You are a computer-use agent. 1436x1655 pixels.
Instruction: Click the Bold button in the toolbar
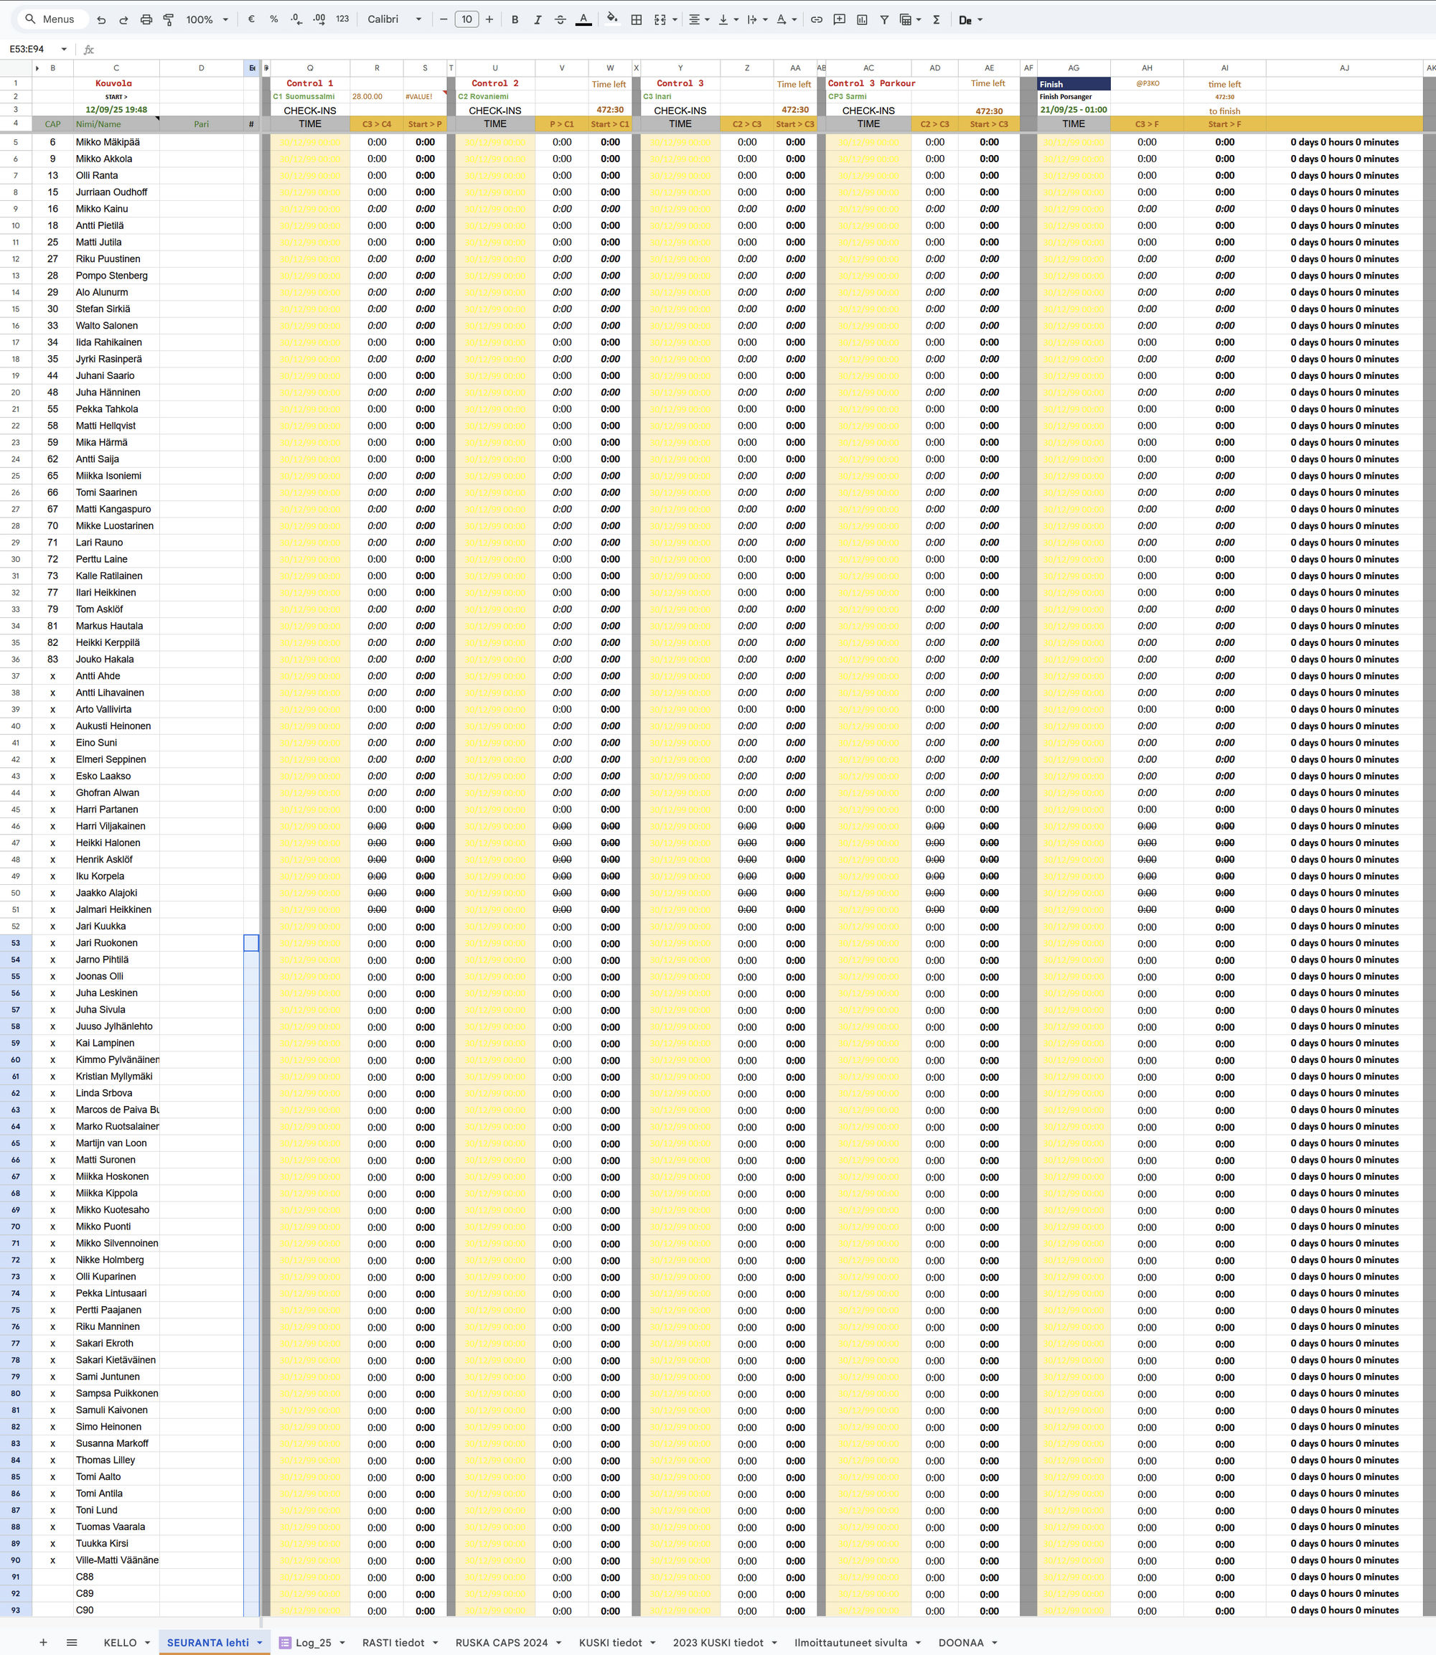(515, 19)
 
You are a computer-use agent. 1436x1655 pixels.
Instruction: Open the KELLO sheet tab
(120, 1642)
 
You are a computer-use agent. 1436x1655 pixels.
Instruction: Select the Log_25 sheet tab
(312, 1642)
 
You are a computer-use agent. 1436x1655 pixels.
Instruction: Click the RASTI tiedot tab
(393, 1642)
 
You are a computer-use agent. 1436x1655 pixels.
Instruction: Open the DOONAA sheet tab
(961, 1642)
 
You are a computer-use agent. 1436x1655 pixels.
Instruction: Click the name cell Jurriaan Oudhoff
(111, 192)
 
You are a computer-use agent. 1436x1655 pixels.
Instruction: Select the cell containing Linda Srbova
(104, 1093)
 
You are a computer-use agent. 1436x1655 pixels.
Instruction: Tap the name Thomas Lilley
(105, 1461)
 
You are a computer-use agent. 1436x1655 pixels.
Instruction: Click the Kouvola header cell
(114, 83)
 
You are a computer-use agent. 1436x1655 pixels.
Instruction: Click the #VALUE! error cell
(418, 97)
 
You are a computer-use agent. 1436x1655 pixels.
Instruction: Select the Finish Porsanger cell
(1066, 97)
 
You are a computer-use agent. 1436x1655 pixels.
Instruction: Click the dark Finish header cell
(1073, 84)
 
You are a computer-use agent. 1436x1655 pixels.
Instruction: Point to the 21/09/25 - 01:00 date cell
(1073, 110)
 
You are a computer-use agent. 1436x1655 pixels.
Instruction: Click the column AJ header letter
(1344, 68)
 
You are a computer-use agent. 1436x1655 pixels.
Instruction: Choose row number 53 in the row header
(15, 943)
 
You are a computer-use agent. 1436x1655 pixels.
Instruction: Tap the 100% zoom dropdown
(207, 19)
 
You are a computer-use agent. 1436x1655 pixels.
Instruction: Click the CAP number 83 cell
(53, 660)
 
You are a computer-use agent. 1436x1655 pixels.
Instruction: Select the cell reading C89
(85, 1593)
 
